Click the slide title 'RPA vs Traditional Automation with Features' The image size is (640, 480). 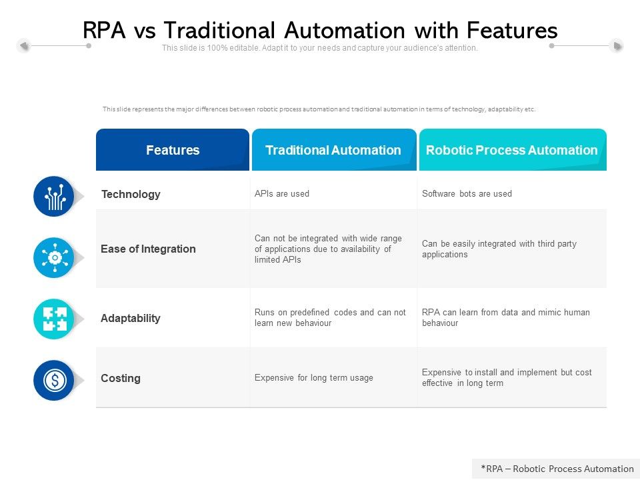pyautogui.click(x=320, y=30)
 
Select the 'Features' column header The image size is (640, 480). pyautogui.click(x=173, y=150)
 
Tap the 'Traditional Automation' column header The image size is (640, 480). pyautogui.click(x=333, y=150)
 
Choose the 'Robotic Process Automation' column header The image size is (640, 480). pyautogui.click(x=511, y=150)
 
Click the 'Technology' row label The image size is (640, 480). pyautogui.click(x=131, y=194)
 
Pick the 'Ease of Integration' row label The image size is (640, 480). pyautogui.click(x=148, y=249)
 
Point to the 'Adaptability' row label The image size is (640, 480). pyautogui.click(x=131, y=318)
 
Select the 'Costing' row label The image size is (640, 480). pyautogui.click(x=121, y=378)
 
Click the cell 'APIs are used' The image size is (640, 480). pyautogui.click(x=282, y=194)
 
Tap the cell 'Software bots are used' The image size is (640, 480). pyautogui.click(x=467, y=194)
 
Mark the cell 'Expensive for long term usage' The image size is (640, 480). pyautogui.click(x=314, y=378)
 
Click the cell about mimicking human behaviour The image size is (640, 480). pyautogui.click(x=505, y=317)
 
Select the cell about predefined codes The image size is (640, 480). pyautogui.click(x=330, y=317)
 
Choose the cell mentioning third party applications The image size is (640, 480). pyautogui.click(x=499, y=249)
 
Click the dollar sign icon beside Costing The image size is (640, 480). pyautogui.click(x=54, y=380)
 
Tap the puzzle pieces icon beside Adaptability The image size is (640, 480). pyautogui.click(x=54, y=319)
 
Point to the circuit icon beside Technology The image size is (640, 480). pyautogui.click(x=54, y=197)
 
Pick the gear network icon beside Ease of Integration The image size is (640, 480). pyautogui.click(x=54, y=257)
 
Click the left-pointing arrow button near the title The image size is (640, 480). pyautogui.click(x=24, y=45)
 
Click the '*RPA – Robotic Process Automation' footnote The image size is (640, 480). pyautogui.click(x=557, y=469)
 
